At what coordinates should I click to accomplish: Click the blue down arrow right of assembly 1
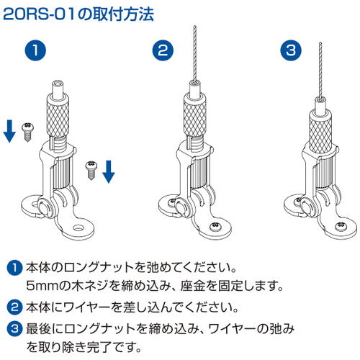pos(108,171)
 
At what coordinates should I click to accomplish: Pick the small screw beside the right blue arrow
pos(91,168)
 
